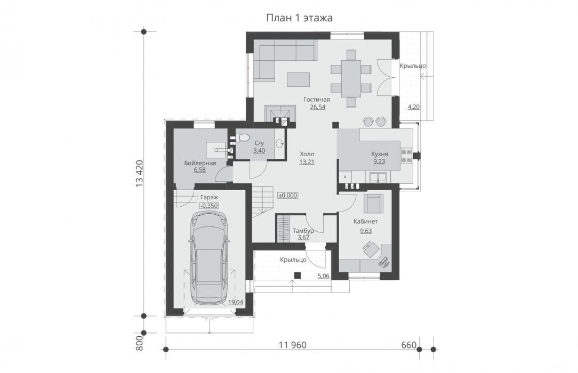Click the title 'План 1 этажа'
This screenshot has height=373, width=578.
[299, 18]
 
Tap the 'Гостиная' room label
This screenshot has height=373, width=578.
[317, 100]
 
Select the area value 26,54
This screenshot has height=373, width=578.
[317, 108]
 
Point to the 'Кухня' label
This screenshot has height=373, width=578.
[379, 154]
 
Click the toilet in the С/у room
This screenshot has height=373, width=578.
[242, 138]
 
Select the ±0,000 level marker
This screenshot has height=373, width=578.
[288, 196]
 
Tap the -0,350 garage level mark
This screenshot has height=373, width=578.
[209, 206]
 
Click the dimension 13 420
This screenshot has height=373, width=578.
[139, 174]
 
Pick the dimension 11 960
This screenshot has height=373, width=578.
[293, 345]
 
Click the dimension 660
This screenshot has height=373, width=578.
[408, 345]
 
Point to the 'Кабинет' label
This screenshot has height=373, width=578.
[365, 222]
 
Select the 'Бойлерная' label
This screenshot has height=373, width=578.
[200, 163]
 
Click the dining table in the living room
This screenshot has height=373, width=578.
[351, 78]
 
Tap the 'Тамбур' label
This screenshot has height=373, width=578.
[303, 231]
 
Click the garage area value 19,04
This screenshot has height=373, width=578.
[236, 302]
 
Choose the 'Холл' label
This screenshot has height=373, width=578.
[307, 154]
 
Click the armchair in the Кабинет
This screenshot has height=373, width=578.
[373, 204]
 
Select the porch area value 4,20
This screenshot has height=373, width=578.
[414, 107]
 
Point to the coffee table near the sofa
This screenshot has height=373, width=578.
[299, 79]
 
